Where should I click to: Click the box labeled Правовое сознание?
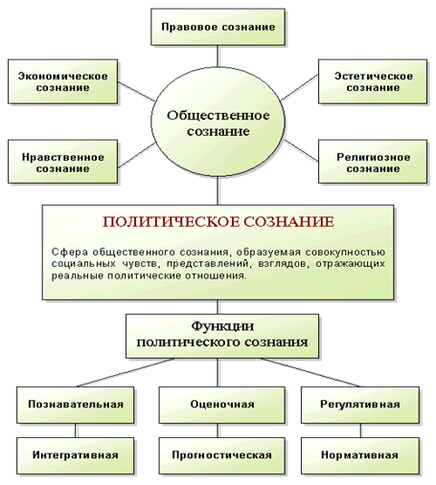(x=218, y=27)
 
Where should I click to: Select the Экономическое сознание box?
(x=62, y=81)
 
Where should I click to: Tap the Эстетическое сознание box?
(x=373, y=81)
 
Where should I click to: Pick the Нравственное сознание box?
(x=62, y=162)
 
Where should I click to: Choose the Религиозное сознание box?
(x=373, y=162)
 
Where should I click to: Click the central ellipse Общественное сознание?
(x=218, y=121)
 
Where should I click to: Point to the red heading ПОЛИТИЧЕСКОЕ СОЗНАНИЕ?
(x=218, y=222)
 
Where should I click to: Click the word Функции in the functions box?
(x=222, y=326)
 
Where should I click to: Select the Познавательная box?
(x=76, y=405)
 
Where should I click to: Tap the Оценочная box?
(x=222, y=405)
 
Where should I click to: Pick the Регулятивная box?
(x=360, y=405)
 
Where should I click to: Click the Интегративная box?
(x=76, y=455)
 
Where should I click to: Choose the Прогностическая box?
(x=222, y=455)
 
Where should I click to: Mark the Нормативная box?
(x=360, y=455)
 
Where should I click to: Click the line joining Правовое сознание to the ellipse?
(x=218, y=56)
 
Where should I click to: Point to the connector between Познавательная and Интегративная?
(x=76, y=430)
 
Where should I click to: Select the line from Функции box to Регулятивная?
(x=310, y=372)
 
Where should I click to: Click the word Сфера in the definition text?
(x=70, y=252)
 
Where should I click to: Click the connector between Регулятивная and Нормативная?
(x=360, y=430)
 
